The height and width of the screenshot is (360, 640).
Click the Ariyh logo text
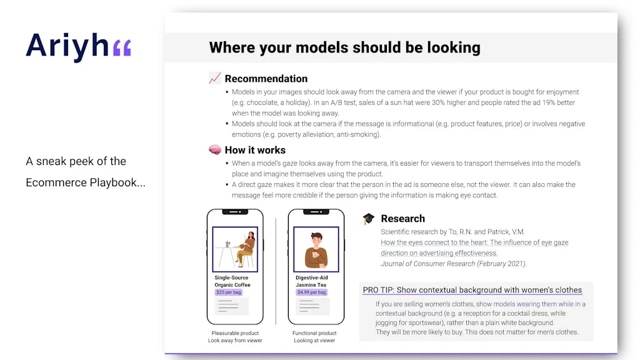coord(67,46)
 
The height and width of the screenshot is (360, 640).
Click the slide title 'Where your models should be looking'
coord(344,47)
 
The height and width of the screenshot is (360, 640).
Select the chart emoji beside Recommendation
coord(215,78)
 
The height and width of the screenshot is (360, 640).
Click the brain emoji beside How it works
coord(215,150)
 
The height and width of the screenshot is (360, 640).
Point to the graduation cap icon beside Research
coord(369,219)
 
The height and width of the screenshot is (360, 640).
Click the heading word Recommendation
coord(266,79)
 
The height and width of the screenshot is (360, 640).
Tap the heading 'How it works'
coord(255,150)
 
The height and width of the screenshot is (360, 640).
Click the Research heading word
coord(402,219)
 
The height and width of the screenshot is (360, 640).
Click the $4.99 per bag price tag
coord(311,292)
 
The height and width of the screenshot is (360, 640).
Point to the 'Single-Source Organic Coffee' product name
coord(232,281)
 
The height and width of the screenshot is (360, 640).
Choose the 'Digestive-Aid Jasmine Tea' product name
coord(312,281)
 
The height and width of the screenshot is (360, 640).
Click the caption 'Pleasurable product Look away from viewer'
coord(235,337)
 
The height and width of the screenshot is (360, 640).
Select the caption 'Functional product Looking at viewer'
coord(314,337)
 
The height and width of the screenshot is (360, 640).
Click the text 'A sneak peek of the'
coord(76,161)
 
